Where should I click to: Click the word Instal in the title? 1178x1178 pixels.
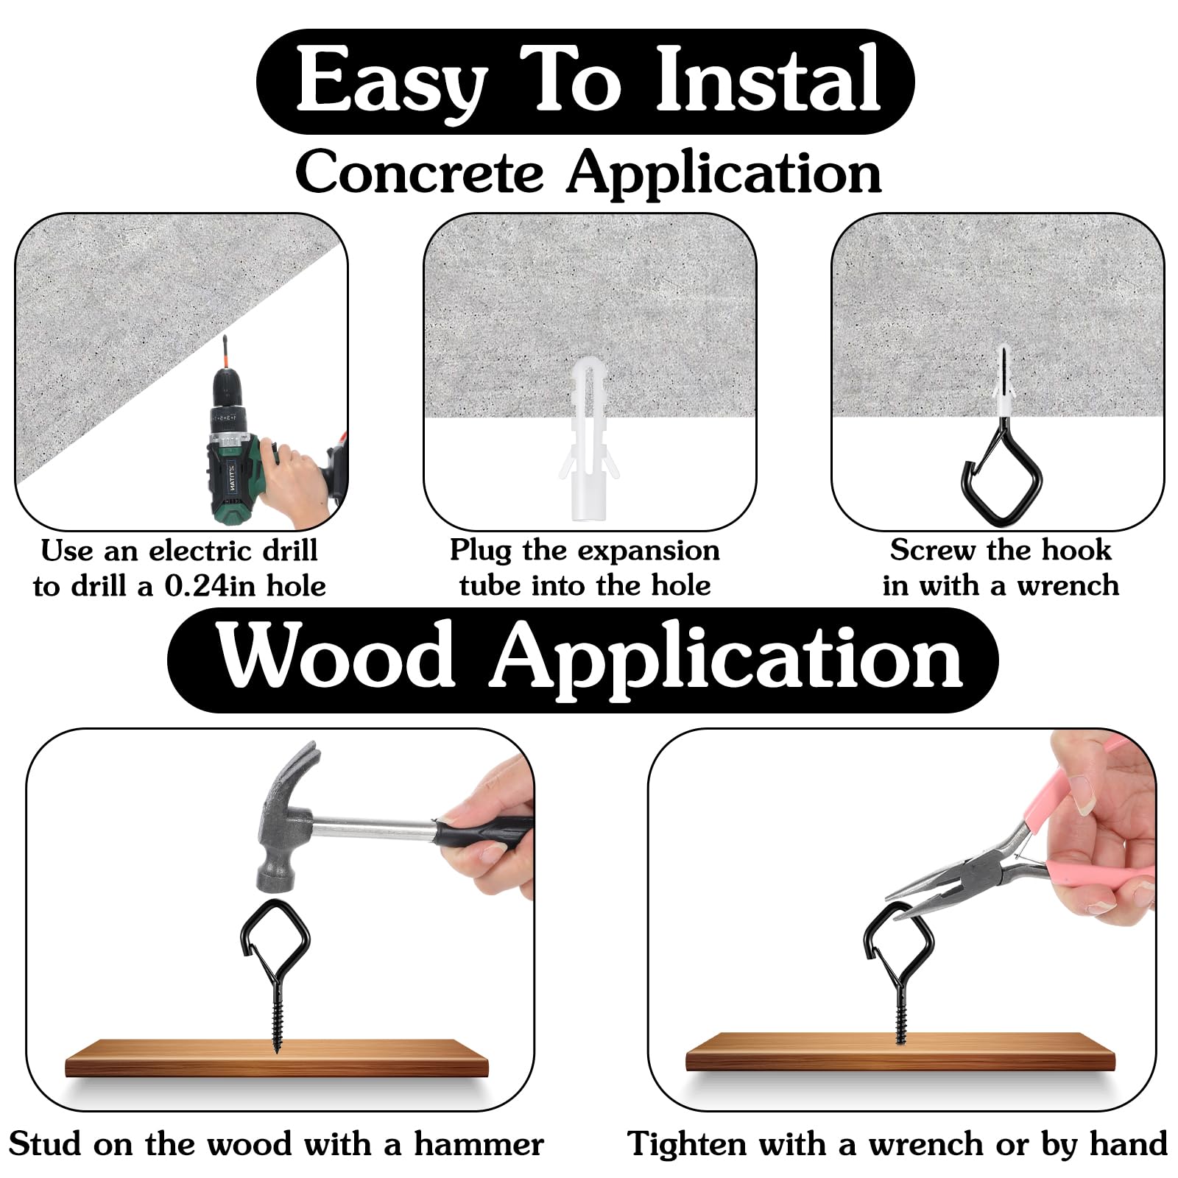pos(768,79)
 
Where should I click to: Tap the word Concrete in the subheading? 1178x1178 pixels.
pos(420,172)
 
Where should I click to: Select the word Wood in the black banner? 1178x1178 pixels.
pos(336,655)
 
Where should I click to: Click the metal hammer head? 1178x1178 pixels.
pos(287,817)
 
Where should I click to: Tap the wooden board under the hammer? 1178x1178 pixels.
pos(276,1059)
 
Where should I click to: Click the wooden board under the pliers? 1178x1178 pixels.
pos(900,1051)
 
